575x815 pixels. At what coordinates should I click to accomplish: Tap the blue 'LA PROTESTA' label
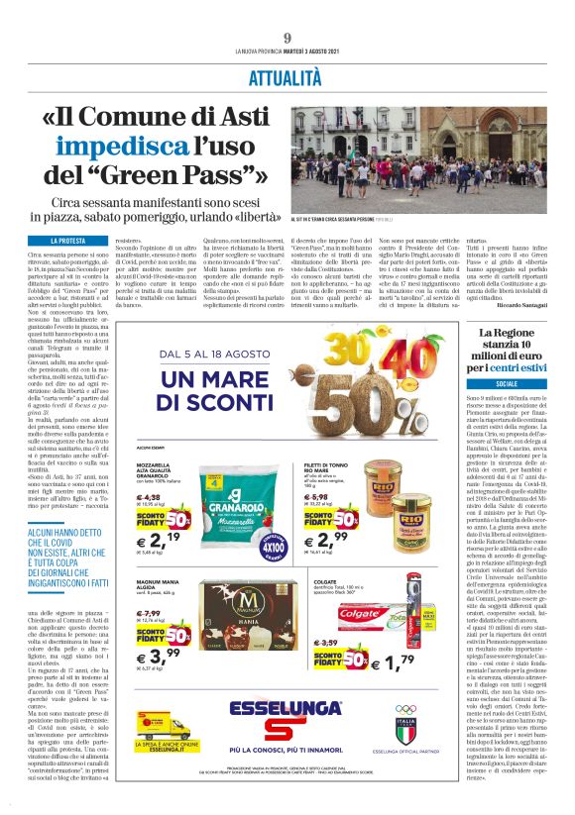[x=67, y=241]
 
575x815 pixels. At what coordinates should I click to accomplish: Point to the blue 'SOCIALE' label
[x=507, y=382]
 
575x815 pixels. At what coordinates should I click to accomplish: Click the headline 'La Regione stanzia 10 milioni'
[x=507, y=349]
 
